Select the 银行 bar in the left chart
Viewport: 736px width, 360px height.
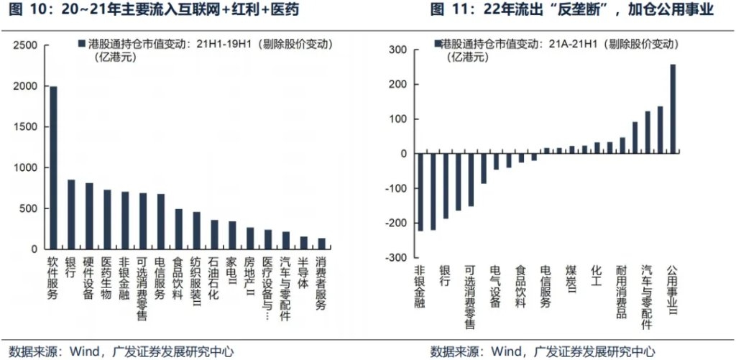pyautogui.click(x=71, y=214)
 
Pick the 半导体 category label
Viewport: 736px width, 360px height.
pyautogui.click(x=303, y=274)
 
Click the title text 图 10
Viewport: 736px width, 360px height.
pyautogui.click(x=21, y=9)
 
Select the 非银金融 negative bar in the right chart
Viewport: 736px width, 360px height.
pyautogui.click(x=420, y=192)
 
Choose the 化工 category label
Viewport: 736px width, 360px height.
pyautogui.click(x=596, y=274)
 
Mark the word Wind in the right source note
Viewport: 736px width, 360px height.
pyautogui.click(x=507, y=351)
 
